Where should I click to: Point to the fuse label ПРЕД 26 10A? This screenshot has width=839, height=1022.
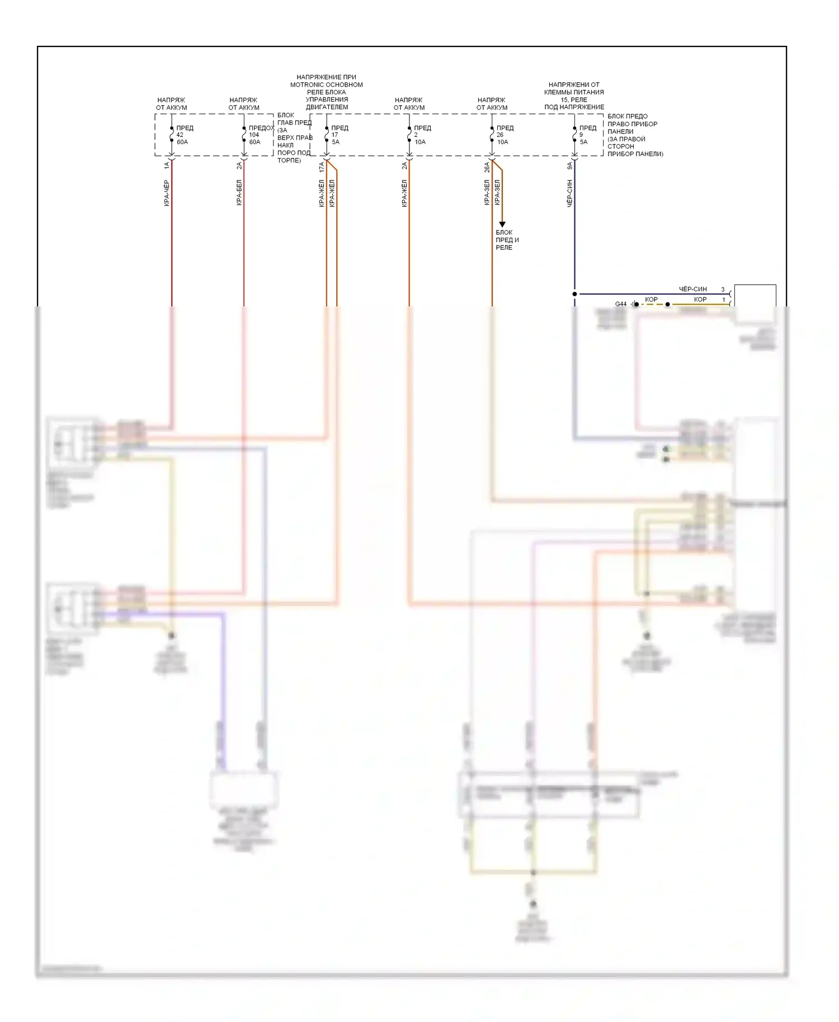[504, 135]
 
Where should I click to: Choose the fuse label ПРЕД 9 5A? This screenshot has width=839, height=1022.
[587, 135]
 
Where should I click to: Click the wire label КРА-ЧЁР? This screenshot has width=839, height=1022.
[167, 193]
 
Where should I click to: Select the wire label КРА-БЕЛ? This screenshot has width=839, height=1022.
[239, 193]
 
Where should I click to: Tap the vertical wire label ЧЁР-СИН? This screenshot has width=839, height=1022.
[569, 193]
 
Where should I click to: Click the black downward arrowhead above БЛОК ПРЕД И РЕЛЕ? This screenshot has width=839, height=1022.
[502, 224]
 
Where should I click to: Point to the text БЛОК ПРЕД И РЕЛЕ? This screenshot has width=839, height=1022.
[507, 240]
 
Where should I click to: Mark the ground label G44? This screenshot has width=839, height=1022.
[621, 304]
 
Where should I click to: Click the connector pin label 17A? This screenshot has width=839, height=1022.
[321, 167]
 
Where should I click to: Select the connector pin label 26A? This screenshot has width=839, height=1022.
[487, 167]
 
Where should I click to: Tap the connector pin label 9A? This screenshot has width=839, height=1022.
[569, 166]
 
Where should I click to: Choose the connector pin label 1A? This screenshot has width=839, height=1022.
[167, 166]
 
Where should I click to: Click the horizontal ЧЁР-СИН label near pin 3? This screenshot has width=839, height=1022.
[692, 289]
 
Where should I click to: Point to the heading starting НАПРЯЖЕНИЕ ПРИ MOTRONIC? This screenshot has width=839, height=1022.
[326, 92]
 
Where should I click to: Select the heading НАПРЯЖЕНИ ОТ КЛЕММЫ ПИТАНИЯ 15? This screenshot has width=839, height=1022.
[574, 96]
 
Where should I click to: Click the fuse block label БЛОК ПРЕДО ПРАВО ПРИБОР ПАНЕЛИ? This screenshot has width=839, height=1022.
[634, 135]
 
